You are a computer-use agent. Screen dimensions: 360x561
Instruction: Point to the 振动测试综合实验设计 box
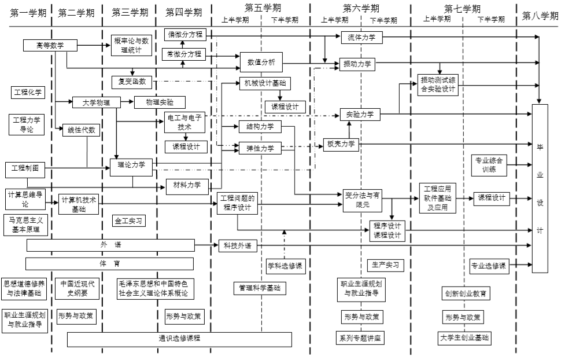[438, 85]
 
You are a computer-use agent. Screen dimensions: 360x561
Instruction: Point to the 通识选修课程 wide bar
[179, 339]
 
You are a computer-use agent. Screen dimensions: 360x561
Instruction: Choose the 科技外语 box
[237, 246]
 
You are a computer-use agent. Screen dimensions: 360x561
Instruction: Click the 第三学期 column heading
[128, 13]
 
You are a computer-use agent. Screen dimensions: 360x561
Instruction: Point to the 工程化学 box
[28, 92]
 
